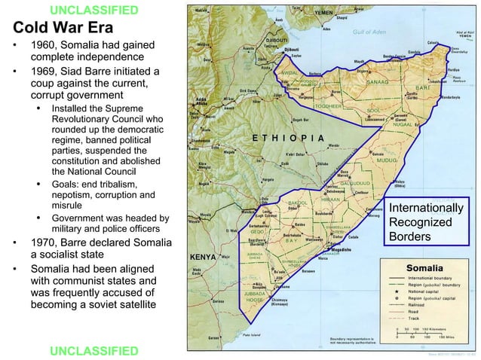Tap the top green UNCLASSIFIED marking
pyautogui.click(x=93, y=10)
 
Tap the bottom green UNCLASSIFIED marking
pyautogui.click(x=93, y=351)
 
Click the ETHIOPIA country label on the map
pyautogui.click(x=288, y=138)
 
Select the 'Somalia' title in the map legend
pyautogui.click(x=428, y=267)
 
